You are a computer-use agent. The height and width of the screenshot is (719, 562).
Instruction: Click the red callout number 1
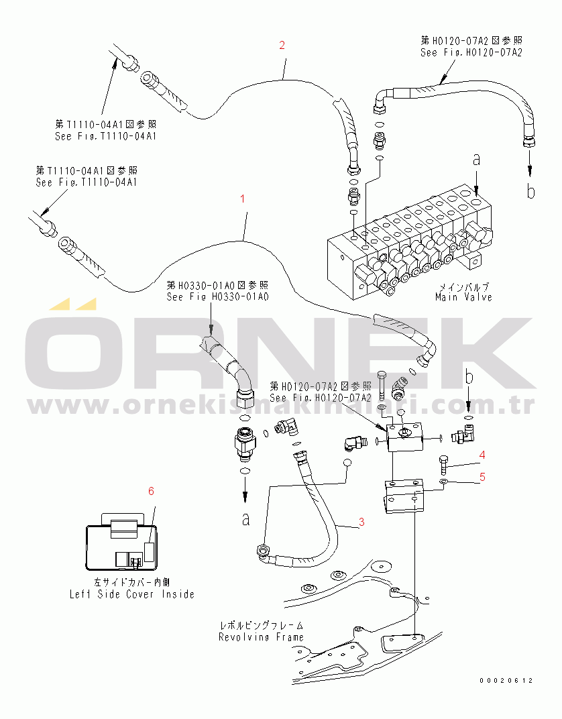(243, 199)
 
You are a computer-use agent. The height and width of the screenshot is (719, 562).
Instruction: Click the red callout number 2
(282, 46)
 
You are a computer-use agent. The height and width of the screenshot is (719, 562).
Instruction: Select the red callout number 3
(361, 521)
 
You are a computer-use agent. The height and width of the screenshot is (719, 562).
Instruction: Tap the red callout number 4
(482, 455)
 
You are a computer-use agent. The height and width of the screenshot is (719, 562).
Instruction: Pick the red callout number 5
(482, 478)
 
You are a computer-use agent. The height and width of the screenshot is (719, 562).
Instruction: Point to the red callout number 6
(151, 491)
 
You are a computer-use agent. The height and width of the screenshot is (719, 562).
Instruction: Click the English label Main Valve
(463, 296)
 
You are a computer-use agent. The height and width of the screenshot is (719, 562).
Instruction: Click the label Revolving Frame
(261, 637)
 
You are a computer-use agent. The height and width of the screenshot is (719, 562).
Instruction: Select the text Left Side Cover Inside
(132, 594)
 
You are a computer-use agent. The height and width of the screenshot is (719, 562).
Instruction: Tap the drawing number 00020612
(506, 680)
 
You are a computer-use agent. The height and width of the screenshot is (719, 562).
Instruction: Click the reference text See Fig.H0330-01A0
(217, 296)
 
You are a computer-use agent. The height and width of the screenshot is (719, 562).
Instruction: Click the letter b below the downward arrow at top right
(530, 192)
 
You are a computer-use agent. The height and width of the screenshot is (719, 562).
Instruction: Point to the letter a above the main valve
(476, 160)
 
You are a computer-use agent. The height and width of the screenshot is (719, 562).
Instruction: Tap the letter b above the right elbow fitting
(469, 378)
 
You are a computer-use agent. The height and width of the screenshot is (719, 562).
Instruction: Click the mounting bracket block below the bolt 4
(405, 498)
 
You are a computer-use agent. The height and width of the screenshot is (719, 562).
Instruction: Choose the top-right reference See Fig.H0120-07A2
(471, 52)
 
